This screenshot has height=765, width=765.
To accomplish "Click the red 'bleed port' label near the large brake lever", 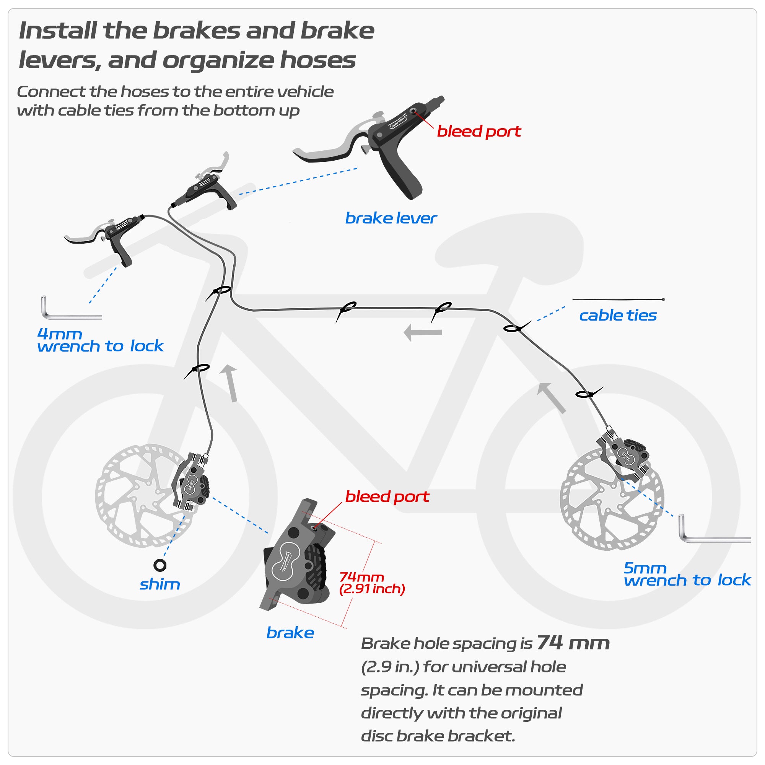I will coord(479,132).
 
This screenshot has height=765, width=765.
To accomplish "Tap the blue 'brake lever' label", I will coord(391,218).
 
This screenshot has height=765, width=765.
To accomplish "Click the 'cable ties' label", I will coord(618,316).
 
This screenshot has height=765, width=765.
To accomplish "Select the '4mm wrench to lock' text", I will coord(100,340).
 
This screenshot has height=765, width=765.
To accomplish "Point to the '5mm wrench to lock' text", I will coord(687,575).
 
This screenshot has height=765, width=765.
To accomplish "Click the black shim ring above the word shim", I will coord(160,565).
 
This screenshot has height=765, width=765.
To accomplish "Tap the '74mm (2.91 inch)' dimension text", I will coord(372,583).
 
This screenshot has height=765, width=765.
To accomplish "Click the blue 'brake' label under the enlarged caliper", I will coord(290,633).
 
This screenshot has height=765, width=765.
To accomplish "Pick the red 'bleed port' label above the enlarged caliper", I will coord(387,496).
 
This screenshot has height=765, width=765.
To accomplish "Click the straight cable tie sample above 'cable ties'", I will coord(618,300).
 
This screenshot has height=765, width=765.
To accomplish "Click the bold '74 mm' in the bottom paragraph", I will coord(573,643).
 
